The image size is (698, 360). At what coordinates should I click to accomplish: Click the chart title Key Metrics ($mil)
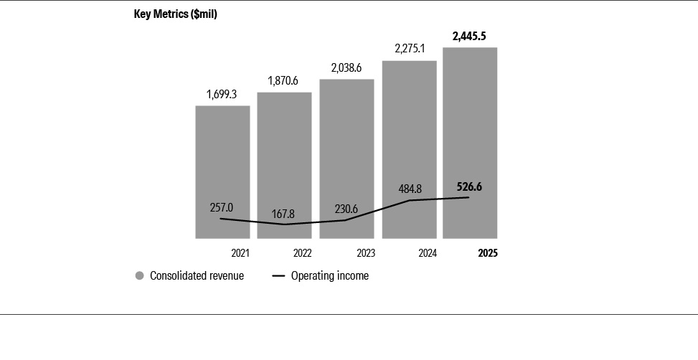[175, 14]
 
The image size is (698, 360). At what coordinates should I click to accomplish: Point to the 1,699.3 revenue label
[222, 94]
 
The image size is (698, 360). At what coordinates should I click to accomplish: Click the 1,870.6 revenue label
[284, 80]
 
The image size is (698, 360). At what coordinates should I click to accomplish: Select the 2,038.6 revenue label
[346, 67]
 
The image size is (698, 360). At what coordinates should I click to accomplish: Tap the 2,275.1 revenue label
[409, 49]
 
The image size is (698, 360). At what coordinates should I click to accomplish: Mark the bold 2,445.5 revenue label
[470, 35]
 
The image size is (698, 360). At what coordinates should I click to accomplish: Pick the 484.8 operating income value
[409, 189]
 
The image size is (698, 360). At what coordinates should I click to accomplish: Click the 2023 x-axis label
[365, 253]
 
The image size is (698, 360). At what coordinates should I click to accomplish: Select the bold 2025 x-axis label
[488, 253]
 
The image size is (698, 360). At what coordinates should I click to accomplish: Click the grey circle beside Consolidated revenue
[139, 275]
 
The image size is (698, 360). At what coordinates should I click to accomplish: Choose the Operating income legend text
[329, 275]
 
